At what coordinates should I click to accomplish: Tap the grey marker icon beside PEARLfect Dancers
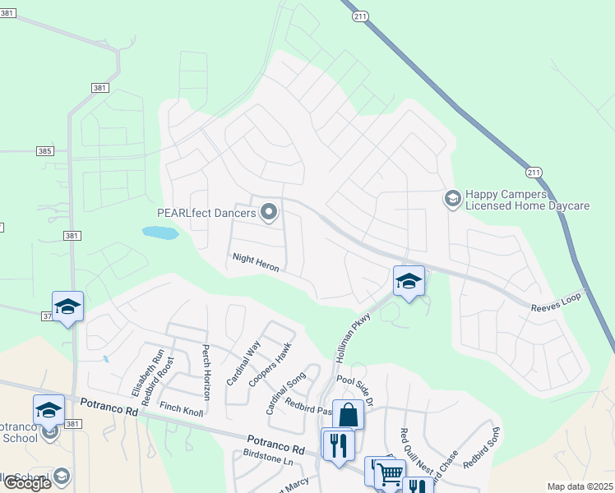click(x=269, y=214)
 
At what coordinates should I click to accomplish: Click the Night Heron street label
click(x=256, y=263)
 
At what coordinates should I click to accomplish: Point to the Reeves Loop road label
click(x=555, y=300)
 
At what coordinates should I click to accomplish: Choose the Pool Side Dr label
click(x=355, y=390)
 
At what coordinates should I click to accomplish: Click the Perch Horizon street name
click(x=207, y=371)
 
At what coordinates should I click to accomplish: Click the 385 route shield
click(x=45, y=151)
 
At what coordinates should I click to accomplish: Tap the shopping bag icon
click(x=348, y=414)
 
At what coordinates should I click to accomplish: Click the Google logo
click(x=27, y=483)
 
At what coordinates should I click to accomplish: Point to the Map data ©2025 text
click(x=580, y=486)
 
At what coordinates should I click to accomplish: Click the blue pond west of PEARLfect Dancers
click(x=160, y=233)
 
